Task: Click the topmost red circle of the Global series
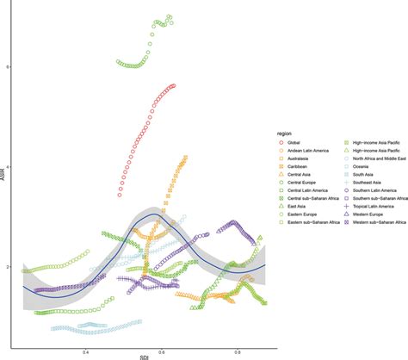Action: [x=175, y=85]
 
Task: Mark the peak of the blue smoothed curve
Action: [x=152, y=214]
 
